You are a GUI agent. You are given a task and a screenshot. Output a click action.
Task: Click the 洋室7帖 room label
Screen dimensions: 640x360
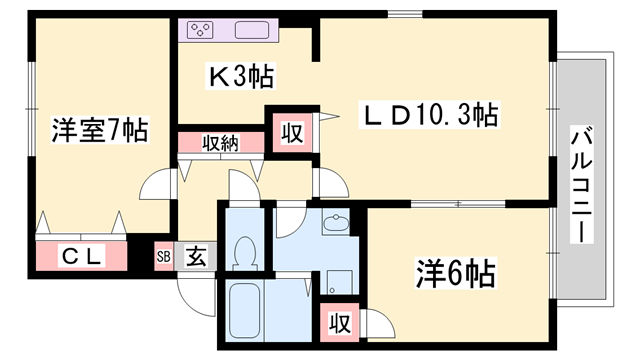pos(100,130)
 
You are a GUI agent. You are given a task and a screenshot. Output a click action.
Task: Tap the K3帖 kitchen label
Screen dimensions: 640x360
pos(241,77)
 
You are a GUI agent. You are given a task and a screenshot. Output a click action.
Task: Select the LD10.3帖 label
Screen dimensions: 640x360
pos(428,115)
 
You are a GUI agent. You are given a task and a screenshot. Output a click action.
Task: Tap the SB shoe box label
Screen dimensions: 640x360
pos(163,256)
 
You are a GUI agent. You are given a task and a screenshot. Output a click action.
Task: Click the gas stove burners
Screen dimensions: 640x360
pos(200,29)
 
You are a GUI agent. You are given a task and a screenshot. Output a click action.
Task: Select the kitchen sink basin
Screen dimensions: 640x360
pos(250,29)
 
